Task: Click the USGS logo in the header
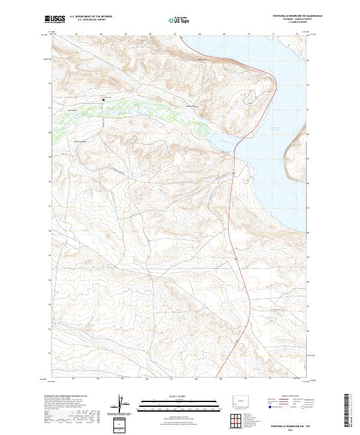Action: pyautogui.click(x=55, y=19)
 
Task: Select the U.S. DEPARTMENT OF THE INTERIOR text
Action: pyautogui.click(x=91, y=17)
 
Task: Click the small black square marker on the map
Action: pyautogui.click(x=103, y=100)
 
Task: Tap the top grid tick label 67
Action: pyautogui.click(x=175, y=34)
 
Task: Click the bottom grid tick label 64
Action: pyautogui.click(x=98, y=379)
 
